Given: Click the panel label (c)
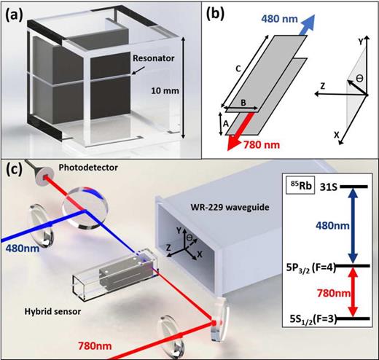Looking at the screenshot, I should coord(17,172).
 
